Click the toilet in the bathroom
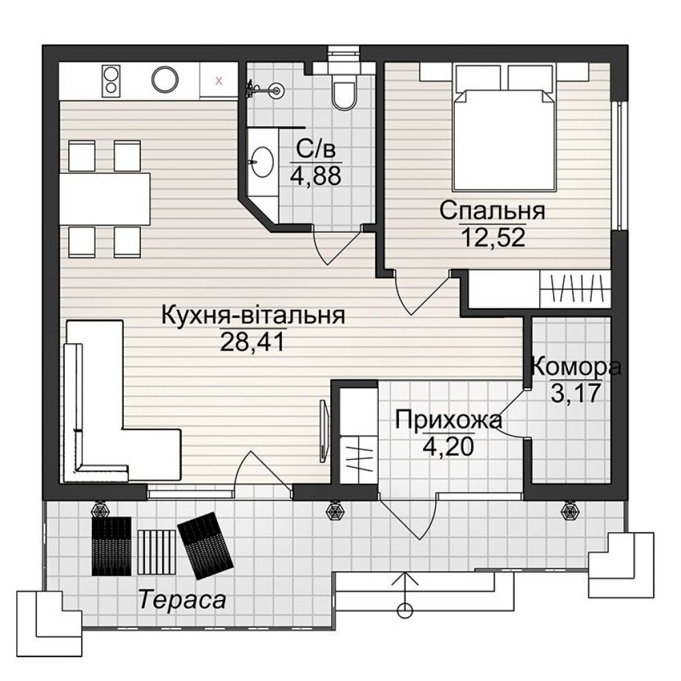coord(345,93)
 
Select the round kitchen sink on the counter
coord(165,79)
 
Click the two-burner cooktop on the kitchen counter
coord(111,80)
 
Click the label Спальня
coord(492,210)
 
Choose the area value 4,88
coord(315,176)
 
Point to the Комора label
coord(575,368)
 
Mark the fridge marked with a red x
coord(218,80)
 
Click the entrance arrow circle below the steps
coord(406,609)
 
